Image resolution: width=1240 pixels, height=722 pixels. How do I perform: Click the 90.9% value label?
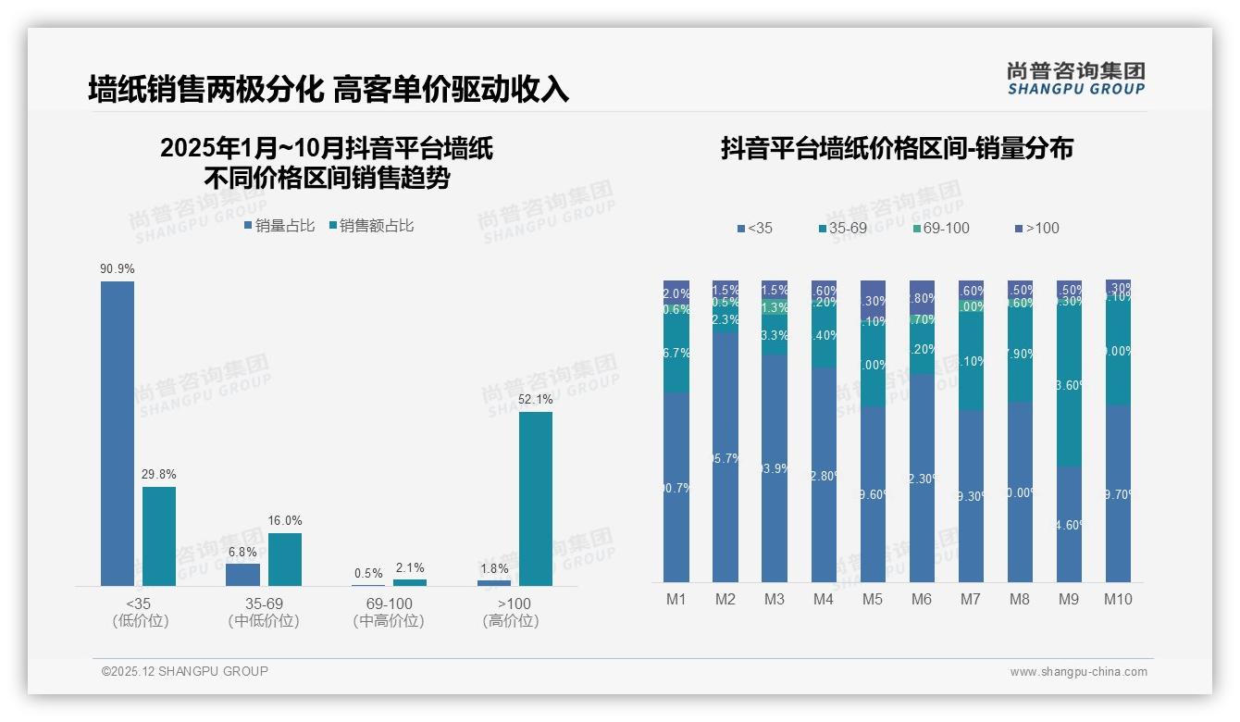click(118, 269)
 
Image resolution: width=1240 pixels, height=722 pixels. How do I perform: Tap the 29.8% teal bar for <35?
click(159, 536)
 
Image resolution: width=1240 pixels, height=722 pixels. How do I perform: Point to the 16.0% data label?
click(285, 521)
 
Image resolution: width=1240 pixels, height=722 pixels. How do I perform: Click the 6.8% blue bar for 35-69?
click(242, 574)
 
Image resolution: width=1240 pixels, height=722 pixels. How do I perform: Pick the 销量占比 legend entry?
click(279, 226)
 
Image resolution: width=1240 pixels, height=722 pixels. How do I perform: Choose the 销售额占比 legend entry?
click(371, 226)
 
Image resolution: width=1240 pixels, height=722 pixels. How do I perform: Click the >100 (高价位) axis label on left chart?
click(510, 612)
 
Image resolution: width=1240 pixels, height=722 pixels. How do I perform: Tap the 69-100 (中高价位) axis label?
click(389, 612)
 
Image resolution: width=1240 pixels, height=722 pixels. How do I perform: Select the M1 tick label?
click(676, 599)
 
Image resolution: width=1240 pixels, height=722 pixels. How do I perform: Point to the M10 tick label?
click(1118, 599)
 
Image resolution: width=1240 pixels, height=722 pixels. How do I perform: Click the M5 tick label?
click(873, 599)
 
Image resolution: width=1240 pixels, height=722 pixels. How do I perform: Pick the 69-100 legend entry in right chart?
click(940, 229)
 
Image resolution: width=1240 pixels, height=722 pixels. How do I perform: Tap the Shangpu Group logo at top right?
click(1075, 79)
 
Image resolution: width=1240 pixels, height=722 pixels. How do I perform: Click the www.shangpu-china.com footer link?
click(1078, 672)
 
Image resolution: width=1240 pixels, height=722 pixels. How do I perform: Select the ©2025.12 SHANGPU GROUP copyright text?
click(185, 671)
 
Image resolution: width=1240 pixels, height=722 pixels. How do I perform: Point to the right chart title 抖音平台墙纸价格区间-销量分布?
click(897, 149)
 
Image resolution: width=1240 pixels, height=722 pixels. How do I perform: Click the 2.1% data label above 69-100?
click(410, 568)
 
